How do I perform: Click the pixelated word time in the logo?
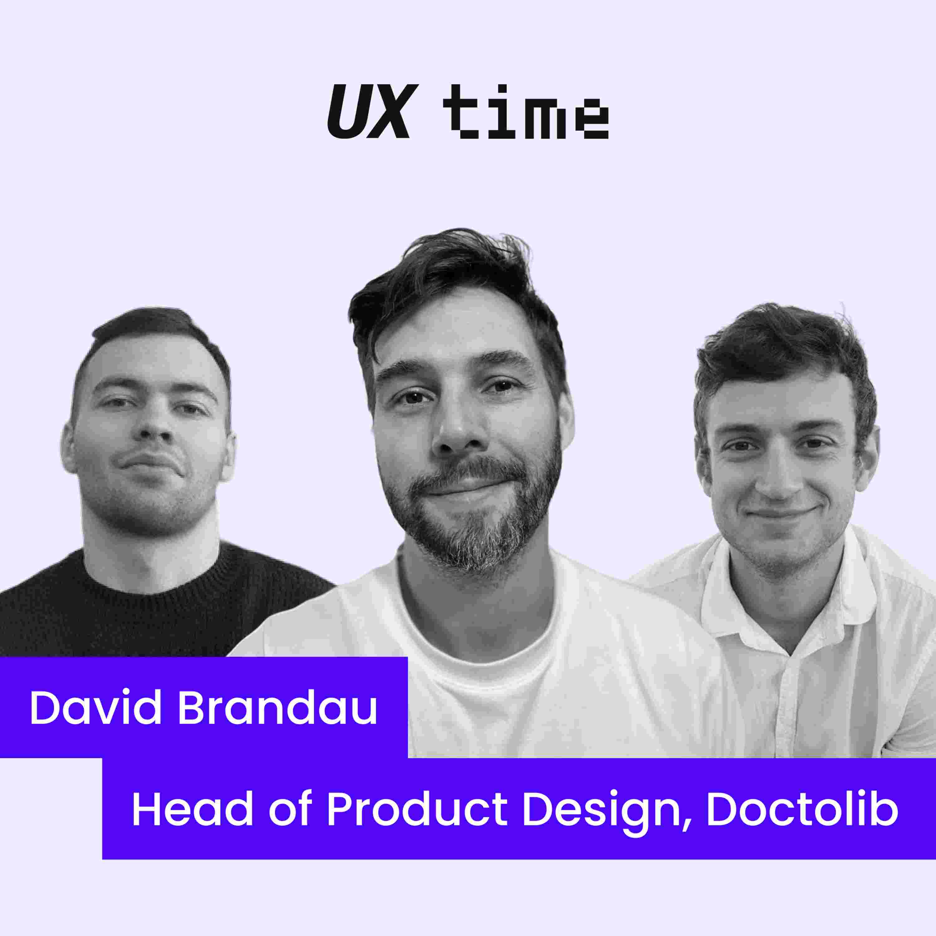pos(526,112)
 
